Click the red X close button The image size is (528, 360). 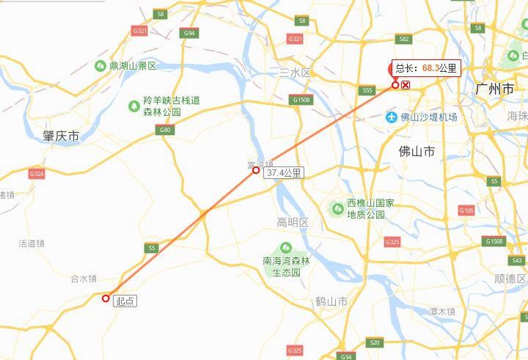coord(406,85)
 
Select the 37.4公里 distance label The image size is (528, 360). coord(284,173)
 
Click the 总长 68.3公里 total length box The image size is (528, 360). coord(426,68)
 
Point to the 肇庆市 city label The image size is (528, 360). coord(61,136)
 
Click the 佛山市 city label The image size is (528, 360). coord(417,152)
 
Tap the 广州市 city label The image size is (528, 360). coord(494,89)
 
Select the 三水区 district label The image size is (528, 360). coord(296,73)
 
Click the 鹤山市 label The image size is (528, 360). coord(331,301)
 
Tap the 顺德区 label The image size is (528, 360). coord(510,279)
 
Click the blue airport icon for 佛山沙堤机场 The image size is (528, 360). coord(389,117)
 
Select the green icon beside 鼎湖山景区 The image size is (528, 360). coord(100,66)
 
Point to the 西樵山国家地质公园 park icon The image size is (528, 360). coord(338,208)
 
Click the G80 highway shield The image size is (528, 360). coord(164,130)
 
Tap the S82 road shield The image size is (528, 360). coord(403,39)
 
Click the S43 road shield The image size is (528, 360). coord(516,260)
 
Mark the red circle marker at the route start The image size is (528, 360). coord(106,298)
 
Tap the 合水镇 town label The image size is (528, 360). coord(84,279)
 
